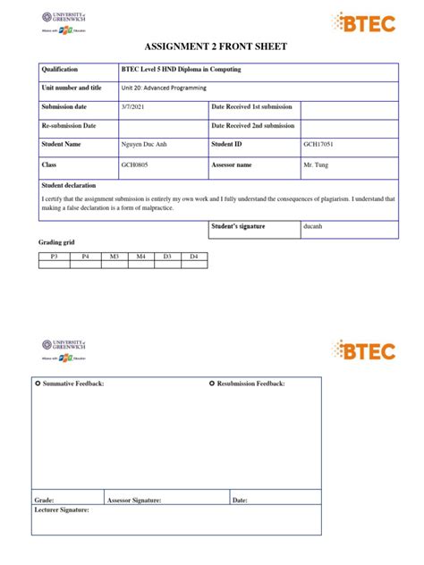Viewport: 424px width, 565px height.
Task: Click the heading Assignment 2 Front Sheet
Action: (212, 46)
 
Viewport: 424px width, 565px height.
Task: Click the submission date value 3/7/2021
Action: (132, 107)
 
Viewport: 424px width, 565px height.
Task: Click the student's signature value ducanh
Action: (314, 227)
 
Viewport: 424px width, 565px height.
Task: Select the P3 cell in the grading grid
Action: (54, 257)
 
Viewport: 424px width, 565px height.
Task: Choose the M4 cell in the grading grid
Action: (140, 257)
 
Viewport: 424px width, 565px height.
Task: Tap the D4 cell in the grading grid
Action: (193, 257)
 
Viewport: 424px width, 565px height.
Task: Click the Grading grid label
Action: (55, 243)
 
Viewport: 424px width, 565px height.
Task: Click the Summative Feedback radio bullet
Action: (38, 384)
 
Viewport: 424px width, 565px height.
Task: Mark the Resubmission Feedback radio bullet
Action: (212, 384)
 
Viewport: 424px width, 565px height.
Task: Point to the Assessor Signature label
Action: (135, 501)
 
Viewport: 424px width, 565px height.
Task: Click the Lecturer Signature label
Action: (62, 510)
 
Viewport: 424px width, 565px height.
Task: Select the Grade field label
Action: (44, 501)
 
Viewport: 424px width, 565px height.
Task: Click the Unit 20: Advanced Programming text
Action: (164, 88)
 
